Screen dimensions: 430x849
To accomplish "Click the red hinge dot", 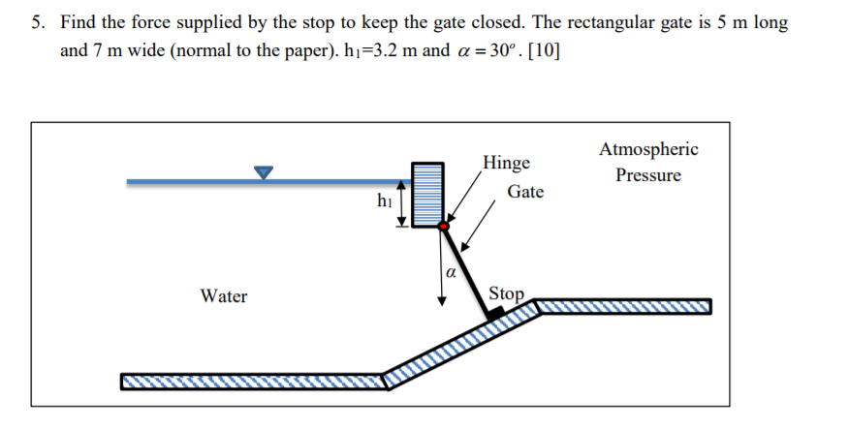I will coord(443,227).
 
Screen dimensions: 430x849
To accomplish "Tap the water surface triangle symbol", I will coord(264,172).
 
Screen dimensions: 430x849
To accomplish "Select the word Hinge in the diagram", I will coord(506,162).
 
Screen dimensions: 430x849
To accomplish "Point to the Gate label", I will coord(525,192).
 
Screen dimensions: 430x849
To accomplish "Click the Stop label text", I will coord(507,292).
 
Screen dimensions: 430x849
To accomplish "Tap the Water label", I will coord(224,296).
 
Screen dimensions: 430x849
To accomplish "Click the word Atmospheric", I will coord(648,149).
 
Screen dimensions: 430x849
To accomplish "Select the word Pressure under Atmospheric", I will coord(648,176).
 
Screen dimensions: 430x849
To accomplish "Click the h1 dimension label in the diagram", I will coord(385,201).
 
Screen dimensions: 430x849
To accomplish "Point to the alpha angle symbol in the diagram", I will coord(451,274).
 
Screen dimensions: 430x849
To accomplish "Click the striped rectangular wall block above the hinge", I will coord(428,194).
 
